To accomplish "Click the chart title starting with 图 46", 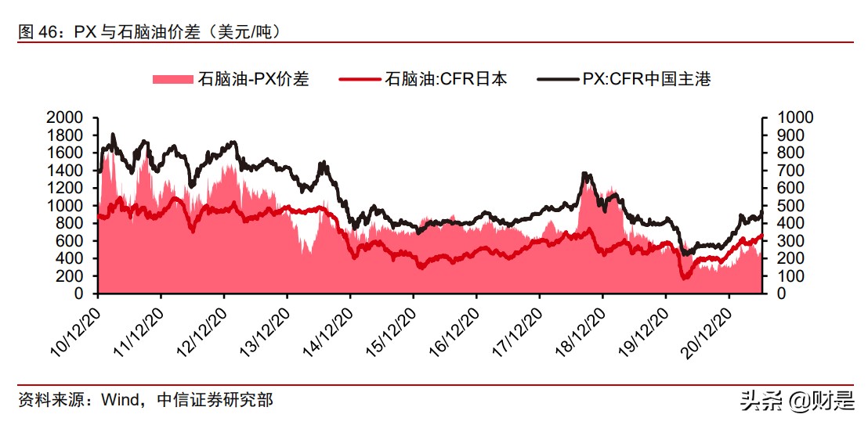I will click(x=149, y=31).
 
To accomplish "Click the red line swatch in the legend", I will click(x=360, y=78).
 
